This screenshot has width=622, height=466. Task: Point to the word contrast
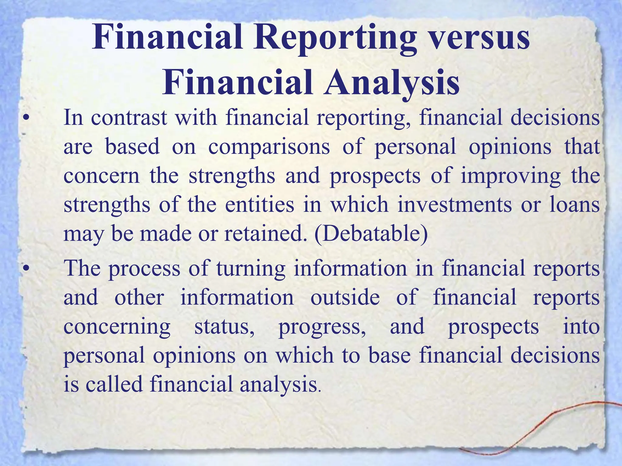click(x=129, y=118)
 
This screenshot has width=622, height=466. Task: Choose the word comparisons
click(x=269, y=147)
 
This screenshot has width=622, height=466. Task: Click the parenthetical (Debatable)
click(x=371, y=234)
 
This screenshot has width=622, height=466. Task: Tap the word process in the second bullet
click(x=145, y=269)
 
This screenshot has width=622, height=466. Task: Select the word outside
click(x=345, y=297)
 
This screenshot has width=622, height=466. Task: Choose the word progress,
click(x=322, y=327)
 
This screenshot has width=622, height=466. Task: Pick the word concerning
click(x=117, y=327)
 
